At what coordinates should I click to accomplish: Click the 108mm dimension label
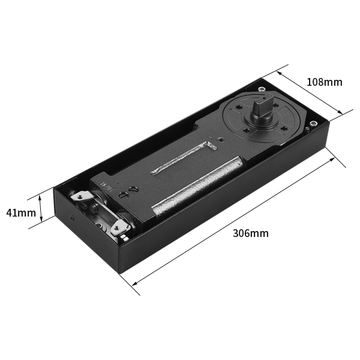[x=324, y=82]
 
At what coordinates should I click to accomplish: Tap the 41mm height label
[x=21, y=213]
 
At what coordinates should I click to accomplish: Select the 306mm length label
[x=250, y=233]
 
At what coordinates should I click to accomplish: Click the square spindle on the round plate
[x=261, y=107]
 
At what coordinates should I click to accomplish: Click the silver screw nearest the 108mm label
[x=261, y=89]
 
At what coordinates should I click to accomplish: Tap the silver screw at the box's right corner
[x=313, y=124]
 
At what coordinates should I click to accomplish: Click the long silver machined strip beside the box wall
[x=198, y=185]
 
